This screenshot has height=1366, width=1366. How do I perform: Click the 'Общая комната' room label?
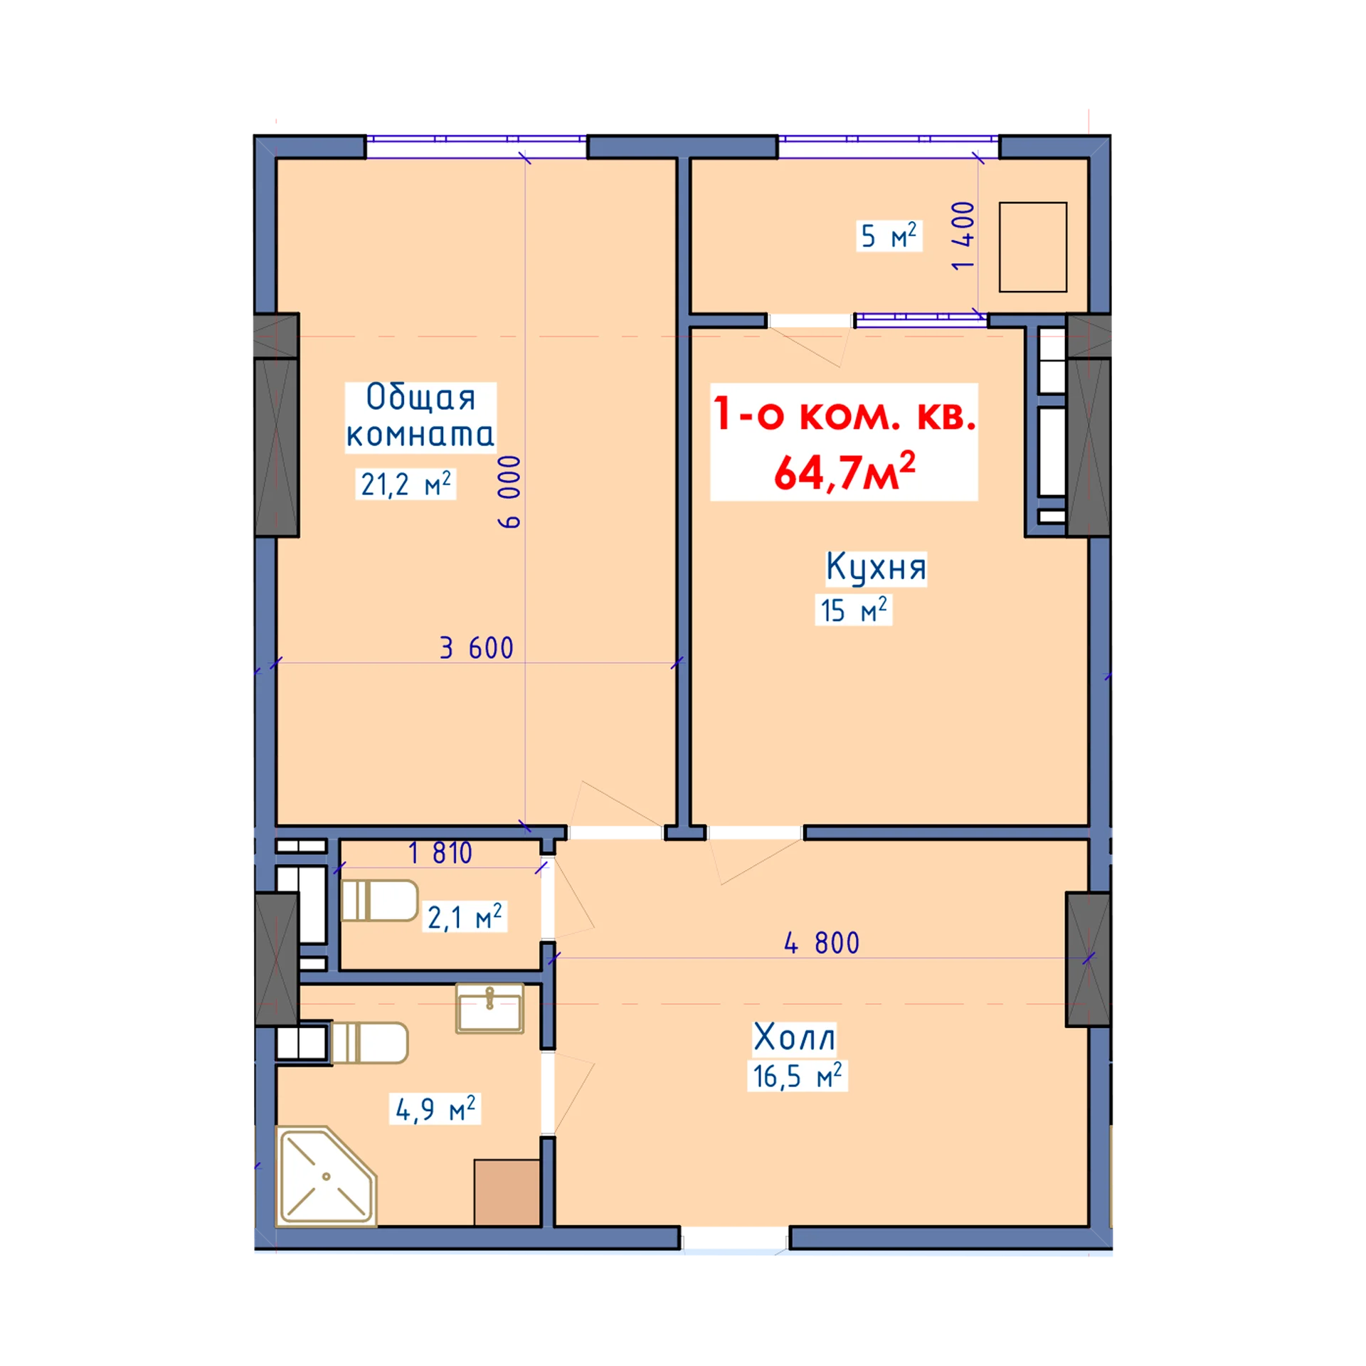pyautogui.click(x=420, y=416)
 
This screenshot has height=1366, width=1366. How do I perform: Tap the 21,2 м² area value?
pyautogui.click(x=406, y=484)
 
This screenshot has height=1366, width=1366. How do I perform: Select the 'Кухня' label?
pyautogui.click(x=876, y=567)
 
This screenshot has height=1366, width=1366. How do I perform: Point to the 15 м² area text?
pyautogui.click(x=854, y=610)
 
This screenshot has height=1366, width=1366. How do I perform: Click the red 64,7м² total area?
pyautogui.click(x=845, y=471)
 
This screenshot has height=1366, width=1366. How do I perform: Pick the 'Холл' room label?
pyautogui.click(x=795, y=1037)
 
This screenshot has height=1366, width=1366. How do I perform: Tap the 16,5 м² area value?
pyautogui.click(x=798, y=1076)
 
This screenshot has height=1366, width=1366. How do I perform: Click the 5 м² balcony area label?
pyautogui.click(x=889, y=235)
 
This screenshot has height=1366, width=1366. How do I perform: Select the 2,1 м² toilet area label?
pyautogui.click(x=465, y=917)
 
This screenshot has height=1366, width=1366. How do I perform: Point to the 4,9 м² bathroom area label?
pyautogui.click(x=435, y=1108)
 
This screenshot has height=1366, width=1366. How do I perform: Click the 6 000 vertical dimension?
pyautogui.click(x=509, y=492)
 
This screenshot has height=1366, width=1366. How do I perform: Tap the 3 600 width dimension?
pyautogui.click(x=477, y=648)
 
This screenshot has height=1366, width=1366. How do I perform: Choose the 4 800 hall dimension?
pyautogui.click(x=822, y=943)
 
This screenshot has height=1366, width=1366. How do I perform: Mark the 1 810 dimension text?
pyautogui.click(x=440, y=853)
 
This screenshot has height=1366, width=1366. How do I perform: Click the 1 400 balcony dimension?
pyautogui.click(x=963, y=235)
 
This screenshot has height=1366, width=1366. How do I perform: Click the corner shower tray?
pyautogui.click(x=327, y=1176)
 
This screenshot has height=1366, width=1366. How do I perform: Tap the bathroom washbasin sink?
pyautogui.click(x=489, y=1008)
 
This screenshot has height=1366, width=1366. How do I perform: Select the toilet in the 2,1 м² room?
pyautogui.click(x=379, y=901)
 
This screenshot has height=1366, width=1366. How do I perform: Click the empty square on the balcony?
pyautogui.click(x=1033, y=247)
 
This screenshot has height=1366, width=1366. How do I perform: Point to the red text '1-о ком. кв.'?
pyautogui.click(x=845, y=414)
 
